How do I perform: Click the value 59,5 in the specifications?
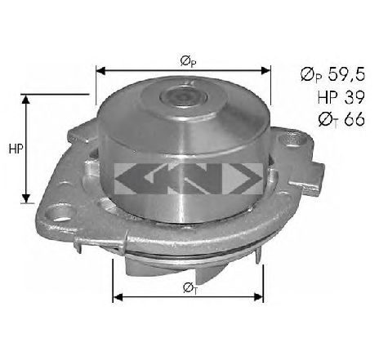346,74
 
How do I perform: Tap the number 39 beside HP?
354,97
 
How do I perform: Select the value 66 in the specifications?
354,119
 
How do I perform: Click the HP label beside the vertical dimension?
16,149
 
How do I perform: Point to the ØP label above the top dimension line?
188,62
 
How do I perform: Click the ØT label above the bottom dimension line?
189,288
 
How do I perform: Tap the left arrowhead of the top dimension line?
100,71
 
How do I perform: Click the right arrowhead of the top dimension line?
265,71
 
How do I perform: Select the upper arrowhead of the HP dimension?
26,100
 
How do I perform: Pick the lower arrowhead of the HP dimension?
26,198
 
